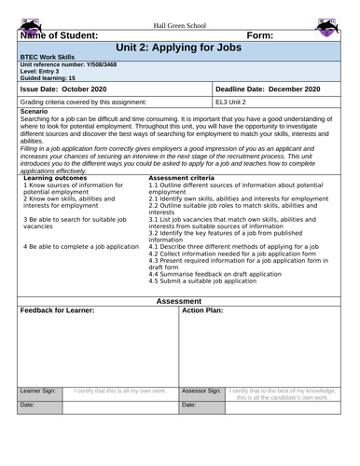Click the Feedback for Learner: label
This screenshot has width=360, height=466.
click(58, 309)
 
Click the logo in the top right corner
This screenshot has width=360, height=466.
click(327, 25)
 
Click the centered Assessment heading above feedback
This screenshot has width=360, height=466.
click(180, 301)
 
